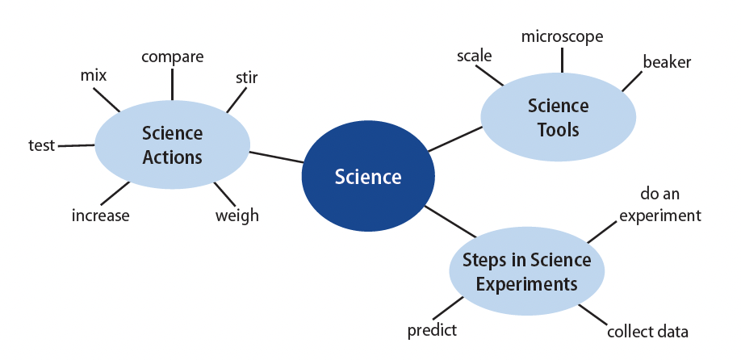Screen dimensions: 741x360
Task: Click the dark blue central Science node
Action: click(367, 176)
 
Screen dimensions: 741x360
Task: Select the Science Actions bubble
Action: click(173, 144)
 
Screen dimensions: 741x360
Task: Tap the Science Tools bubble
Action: click(558, 117)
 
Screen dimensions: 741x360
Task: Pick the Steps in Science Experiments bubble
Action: click(526, 271)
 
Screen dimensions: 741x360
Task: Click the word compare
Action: click(173, 57)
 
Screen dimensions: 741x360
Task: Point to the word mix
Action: click(94, 75)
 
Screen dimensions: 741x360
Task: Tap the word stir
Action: click(247, 77)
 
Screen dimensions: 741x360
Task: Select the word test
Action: click(42, 145)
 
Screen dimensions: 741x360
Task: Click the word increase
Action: click(100, 216)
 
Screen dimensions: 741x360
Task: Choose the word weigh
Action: click(237, 216)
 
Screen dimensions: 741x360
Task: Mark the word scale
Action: click(474, 56)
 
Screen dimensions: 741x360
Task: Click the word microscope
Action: click(562, 37)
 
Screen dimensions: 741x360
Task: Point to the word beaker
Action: click(667, 62)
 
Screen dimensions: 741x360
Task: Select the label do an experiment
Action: click(660, 204)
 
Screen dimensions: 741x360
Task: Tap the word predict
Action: click(432, 330)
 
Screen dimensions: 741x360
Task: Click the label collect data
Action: click(647, 331)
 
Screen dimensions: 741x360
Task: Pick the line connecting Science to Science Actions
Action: click(276, 157)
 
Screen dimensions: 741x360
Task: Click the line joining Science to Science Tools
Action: click(454, 139)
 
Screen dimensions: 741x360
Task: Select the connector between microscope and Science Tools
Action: click(562, 60)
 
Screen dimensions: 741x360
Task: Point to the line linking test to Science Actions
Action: click(76, 145)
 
